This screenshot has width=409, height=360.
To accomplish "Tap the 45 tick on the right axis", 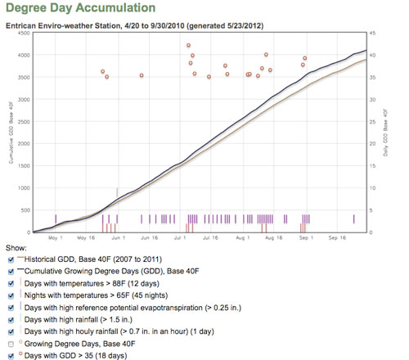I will [373, 33].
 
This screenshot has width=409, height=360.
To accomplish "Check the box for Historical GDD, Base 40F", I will [9, 259].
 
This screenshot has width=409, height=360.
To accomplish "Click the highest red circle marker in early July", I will [189, 45].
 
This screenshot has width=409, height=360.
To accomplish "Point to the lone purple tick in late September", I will [354, 218].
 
